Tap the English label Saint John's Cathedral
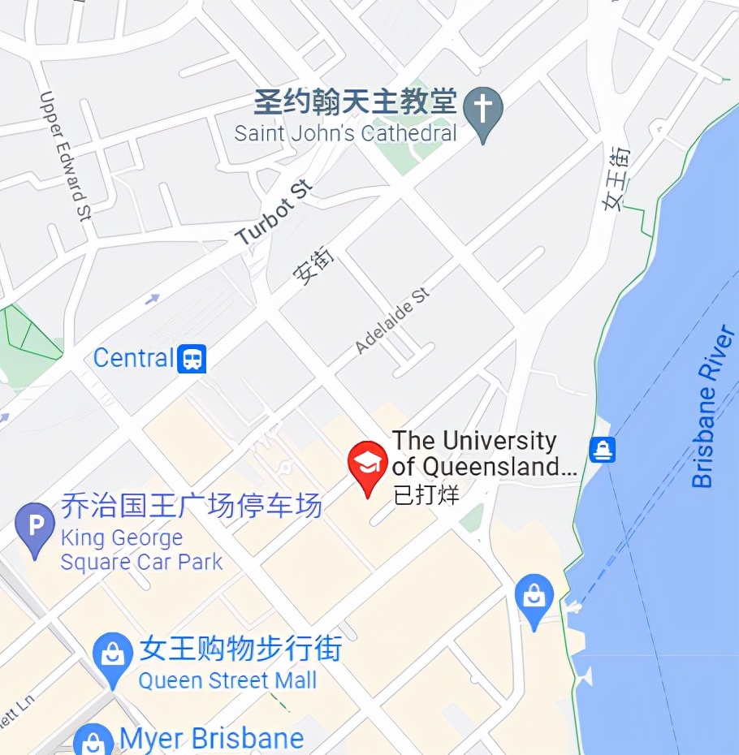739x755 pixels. tap(345, 133)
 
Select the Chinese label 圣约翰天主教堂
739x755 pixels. tap(355, 102)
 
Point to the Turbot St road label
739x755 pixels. tap(274, 214)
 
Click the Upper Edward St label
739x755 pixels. tap(64, 155)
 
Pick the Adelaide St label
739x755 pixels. tap(392, 321)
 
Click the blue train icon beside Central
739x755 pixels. tap(192, 358)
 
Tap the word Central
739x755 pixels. tap(134, 358)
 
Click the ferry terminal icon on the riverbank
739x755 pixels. tap(602, 449)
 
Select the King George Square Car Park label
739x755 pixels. tap(141, 550)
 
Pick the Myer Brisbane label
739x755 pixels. tap(211, 740)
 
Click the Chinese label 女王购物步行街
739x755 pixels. tap(240, 649)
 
